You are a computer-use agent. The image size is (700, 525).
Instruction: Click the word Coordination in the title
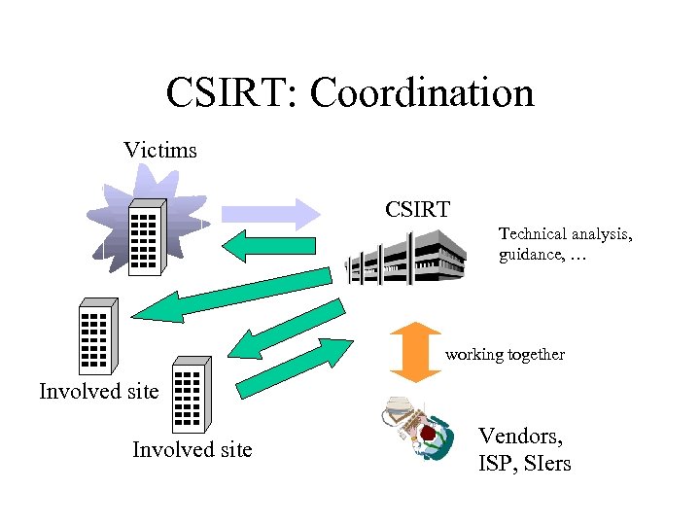422,93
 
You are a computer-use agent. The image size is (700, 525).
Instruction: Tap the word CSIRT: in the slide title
232,93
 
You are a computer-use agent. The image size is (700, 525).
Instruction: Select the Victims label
160,151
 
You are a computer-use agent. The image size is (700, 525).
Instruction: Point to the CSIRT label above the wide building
417,209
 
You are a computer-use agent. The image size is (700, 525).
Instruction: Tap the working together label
505,355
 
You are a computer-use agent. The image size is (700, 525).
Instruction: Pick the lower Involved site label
192,449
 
